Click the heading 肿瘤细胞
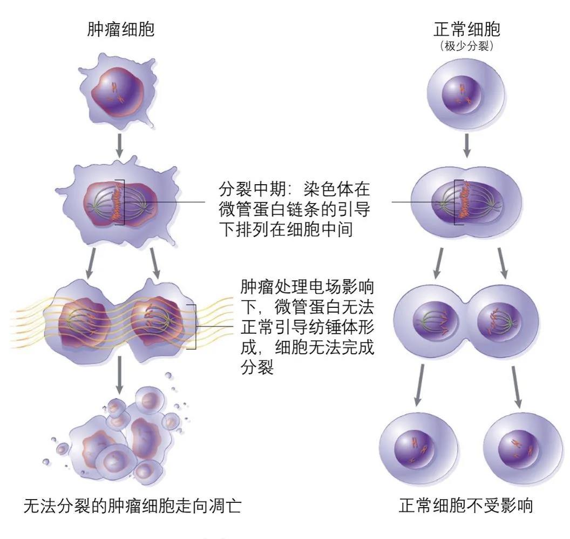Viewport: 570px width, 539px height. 121,29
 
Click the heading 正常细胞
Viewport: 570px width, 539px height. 467,29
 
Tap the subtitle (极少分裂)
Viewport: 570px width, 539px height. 467,46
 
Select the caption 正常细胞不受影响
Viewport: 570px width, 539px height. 466,505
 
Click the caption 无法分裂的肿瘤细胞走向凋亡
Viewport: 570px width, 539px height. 132,506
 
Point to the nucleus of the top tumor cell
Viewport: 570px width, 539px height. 117,92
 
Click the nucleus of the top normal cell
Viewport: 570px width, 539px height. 462,95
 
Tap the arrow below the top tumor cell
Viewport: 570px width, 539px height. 119,146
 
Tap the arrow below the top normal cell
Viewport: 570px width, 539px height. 467,146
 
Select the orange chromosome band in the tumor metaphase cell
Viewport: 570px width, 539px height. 117,201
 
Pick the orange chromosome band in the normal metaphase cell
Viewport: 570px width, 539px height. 463,200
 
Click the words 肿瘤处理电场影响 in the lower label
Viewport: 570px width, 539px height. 307,287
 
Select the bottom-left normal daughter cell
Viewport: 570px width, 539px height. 417,450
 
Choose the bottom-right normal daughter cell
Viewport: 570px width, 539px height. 524,450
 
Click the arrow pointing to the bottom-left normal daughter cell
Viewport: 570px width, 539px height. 419,385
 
